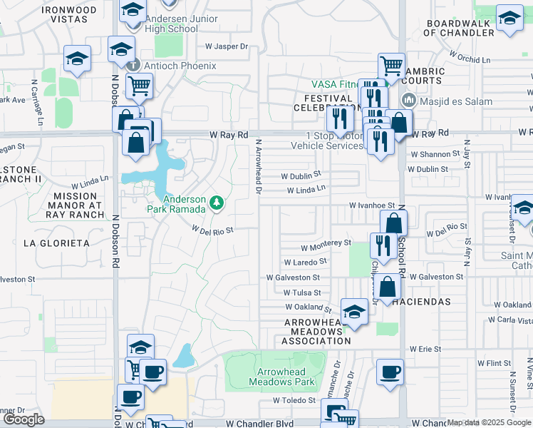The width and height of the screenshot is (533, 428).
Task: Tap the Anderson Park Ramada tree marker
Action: tap(217, 205)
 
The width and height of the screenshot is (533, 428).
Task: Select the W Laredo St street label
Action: tap(304, 263)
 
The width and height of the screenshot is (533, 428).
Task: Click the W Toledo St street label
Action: tap(294, 401)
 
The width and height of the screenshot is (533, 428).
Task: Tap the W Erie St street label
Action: tap(426, 349)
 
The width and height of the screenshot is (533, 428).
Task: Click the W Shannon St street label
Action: tap(435, 154)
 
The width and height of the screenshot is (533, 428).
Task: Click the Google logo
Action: tap(24, 419)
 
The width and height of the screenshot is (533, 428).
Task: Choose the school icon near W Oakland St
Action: tap(353, 312)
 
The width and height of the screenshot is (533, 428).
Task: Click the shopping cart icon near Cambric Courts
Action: tap(391, 66)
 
